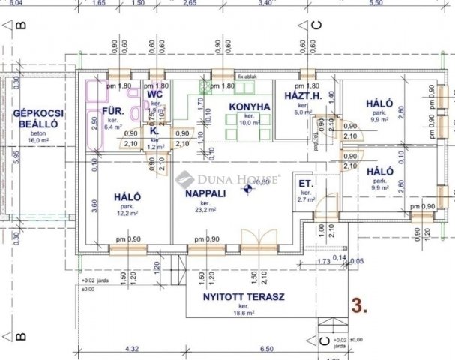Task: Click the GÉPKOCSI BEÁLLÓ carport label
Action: point(37,118)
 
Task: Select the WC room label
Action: point(155,95)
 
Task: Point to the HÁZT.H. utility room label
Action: point(302,97)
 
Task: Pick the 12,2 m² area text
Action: point(123,212)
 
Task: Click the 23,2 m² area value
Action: point(205,211)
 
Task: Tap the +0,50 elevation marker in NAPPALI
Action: point(260,182)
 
